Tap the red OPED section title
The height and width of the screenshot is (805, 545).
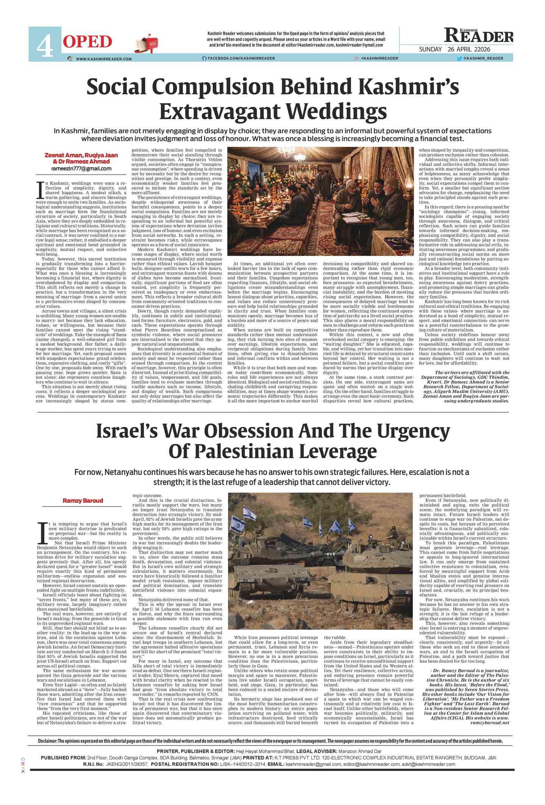(x=87, y=42)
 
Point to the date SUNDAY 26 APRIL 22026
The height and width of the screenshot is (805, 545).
(x=454, y=50)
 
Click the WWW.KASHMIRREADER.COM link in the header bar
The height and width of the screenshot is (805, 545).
(x=103, y=59)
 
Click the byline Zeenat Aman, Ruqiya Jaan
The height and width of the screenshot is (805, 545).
(x=81, y=155)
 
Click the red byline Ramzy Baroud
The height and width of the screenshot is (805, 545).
(x=83, y=501)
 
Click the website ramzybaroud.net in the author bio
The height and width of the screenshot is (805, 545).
(x=490, y=722)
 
